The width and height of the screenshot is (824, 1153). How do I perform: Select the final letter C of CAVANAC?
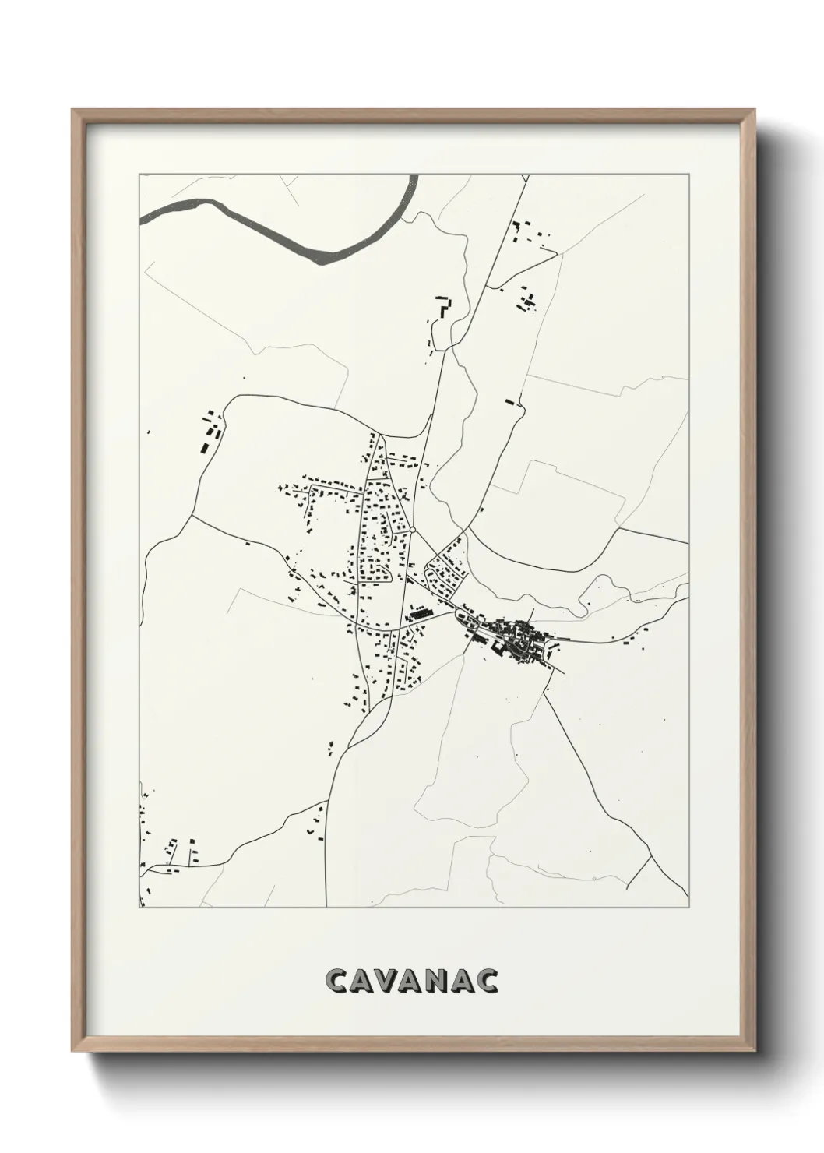pos(488,981)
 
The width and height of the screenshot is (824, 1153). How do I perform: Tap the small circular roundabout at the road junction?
pos(413,531)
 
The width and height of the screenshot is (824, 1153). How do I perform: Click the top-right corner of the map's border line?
pos(688,175)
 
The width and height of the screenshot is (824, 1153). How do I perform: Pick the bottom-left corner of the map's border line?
pos(139,907)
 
